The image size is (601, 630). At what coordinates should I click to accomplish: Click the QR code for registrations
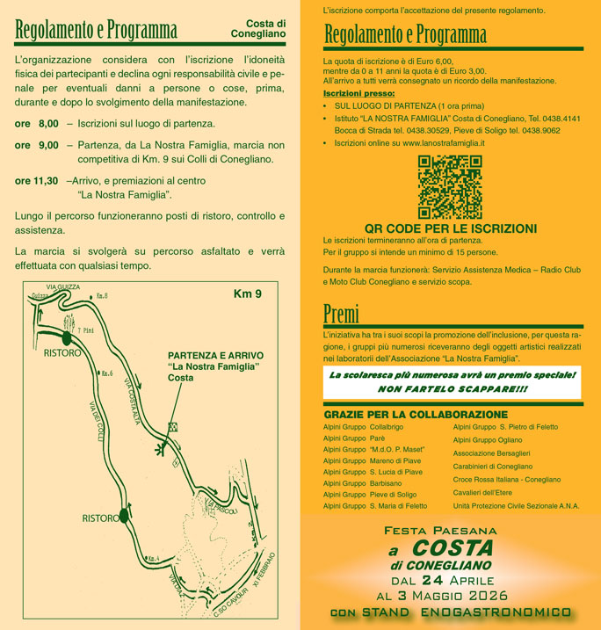[449, 186]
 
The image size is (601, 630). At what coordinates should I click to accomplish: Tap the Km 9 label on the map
[247, 293]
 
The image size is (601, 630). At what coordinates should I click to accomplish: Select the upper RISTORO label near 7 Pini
[62, 352]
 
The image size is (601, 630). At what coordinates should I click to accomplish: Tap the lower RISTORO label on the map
[101, 518]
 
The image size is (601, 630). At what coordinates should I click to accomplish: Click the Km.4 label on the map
[152, 558]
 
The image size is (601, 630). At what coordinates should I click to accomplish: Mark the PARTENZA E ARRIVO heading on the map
[215, 355]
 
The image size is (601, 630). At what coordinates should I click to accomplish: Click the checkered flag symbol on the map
[172, 426]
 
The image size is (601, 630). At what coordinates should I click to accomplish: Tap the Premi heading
[342, 312]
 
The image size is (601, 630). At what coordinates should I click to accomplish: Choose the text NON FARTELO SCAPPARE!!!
[453, 388]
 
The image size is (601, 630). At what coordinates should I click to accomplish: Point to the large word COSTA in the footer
[460, 548]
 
